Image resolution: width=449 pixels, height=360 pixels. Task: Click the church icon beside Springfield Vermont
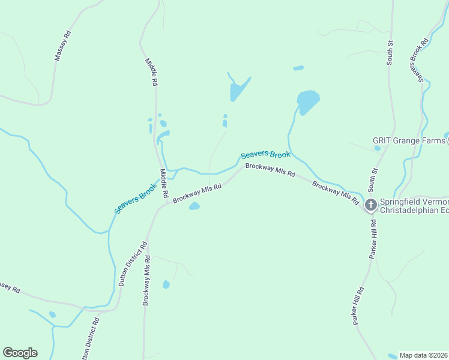click(x=371, y=205)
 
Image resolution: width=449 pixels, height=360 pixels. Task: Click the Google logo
click(x=20, y=353)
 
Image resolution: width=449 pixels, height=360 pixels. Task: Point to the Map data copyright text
click(x=424, y=355)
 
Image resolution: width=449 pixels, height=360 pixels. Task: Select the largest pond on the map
click(x=307, y=101)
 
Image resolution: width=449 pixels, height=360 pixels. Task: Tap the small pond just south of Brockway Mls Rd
click(x=194, y=206)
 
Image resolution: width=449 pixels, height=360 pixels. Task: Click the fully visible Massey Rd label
click(x=62, y=46)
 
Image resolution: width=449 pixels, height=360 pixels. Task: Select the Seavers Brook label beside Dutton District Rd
click(x=136, y=199)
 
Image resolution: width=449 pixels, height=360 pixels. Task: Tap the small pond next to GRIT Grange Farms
click(x=377, y=148)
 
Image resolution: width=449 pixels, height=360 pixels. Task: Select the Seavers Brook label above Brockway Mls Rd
click(x=265, y=154)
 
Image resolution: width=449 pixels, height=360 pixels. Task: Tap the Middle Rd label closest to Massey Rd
click(x=151, y=73)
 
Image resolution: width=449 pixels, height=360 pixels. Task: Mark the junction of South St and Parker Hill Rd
click(x=368, y=206)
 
